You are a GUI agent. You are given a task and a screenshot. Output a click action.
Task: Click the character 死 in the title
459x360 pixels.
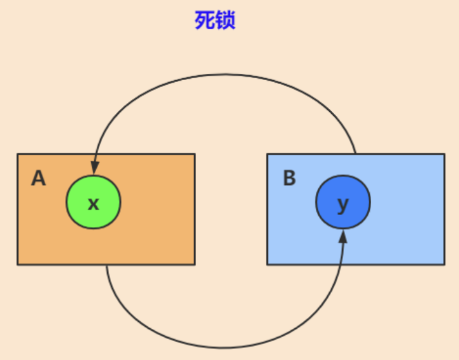pyautogui.click(x=204, y=20)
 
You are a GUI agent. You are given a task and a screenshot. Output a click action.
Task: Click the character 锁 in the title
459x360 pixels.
pyautogui.click(x=225, y=20)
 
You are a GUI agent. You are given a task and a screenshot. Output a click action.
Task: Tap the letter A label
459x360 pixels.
pyautogui.click(x=39, y=179)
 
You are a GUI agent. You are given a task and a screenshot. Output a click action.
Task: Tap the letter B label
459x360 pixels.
pyautogui.click(x=289, y=179)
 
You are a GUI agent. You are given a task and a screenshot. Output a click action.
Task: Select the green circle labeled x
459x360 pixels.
pyautogui.click(x=94, y=203)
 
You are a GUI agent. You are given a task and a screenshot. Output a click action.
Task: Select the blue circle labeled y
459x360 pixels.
pyautogui.click(x=343, y=204)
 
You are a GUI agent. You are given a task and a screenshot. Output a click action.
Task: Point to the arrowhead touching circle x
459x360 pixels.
pyautogui.click(x=95, y=169)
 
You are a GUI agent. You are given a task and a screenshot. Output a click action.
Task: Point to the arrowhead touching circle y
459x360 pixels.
pyautogui.click(x=343, y=237)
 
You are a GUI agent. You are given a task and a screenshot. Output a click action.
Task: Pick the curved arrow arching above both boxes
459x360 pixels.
pyautogui.click(x=223, y=75)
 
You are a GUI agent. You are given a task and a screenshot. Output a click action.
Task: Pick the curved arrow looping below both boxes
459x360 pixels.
pyautogui.click(x=223, y=347)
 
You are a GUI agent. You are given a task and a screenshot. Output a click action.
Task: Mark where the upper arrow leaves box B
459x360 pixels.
pyautogui.click(x=355, y=154)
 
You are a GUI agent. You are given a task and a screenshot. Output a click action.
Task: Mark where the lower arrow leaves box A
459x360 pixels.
pyautogui.click(x=106, y=265)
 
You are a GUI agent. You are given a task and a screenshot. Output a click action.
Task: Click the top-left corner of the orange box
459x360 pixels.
pyautogui.click(x=18, y=154)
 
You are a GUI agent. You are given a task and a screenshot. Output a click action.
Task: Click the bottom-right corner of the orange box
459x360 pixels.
pyautogui.click(x=194, y=264)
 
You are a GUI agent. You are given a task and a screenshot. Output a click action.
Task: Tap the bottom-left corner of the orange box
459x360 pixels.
pyautogui.click(x=18, y=264)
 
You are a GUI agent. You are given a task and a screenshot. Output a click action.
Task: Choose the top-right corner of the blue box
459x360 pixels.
pyautogui.click(x=444, y=154)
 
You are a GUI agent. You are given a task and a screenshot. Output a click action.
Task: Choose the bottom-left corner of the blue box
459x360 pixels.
pyautogui.click(x=267, y=264)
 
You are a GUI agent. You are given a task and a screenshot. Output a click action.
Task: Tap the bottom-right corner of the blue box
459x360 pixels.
pyautogui.click(x=444, y=264)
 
